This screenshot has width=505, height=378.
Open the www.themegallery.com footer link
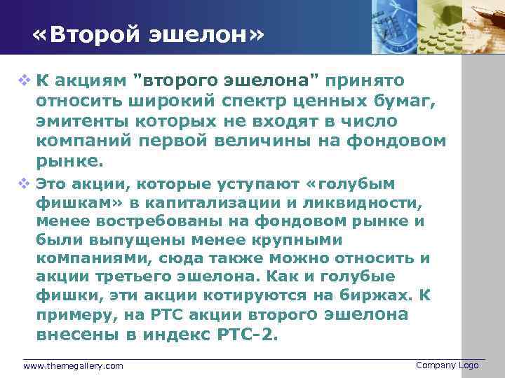73,366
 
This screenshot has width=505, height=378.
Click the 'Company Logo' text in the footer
447,365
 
